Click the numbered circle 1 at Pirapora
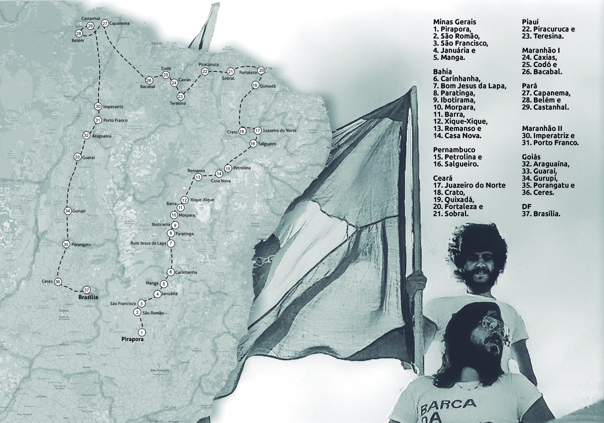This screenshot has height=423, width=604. click(x=142, y=332)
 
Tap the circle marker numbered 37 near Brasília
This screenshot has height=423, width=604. click(x=87, y=290)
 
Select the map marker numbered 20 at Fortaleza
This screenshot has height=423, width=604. click(x=261, y=70)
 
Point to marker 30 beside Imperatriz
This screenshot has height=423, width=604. click(x=98, y=106)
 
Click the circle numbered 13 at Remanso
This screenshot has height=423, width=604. click(x=198, y=177)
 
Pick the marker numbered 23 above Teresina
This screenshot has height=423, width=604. click(x=180, y=96)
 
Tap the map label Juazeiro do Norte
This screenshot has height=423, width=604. click(x=279, y=130)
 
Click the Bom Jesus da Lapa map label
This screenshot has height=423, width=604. click(x=148, y=243)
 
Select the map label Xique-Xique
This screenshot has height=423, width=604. click(x=202, y=200)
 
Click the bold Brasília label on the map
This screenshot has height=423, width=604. click(x=88, y=297)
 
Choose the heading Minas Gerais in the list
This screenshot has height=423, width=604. click(x=455, y=22)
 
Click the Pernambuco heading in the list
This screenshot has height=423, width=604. click(x=454, y=150)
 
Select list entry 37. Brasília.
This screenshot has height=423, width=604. click(x=541, y=214)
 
